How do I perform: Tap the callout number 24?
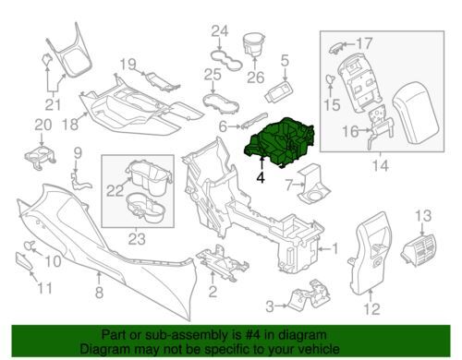pyautogui.click(x=220, y=31)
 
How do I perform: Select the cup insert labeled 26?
pyautogui.click(x=254, y=44)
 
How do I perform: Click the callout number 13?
pyautogui.click(x=423, y=216)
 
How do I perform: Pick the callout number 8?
pyautogui.click(x=99, y=292)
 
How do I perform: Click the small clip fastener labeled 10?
pyautogui.click(x=30, y=246)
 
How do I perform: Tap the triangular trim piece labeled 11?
pyautogui.click(x=24, y=261)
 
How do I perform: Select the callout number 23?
pyautogui.click(x=137, y=238)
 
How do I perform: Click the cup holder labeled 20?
pyautogui.click(x=40, y=156)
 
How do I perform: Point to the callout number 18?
pyautogui.click(x=71, y=125)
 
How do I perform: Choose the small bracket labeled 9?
pyautogui.click(x=79, y=180)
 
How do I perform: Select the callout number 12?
pyautogui.click(x=372, y=308)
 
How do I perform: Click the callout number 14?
pyautogui.click(x=381, y=166)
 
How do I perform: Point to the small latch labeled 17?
pyautogui.click(x=335, y=48)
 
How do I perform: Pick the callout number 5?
pyautogui.click(x=285, y=61)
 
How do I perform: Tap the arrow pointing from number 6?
pyautogui.click(x=234, y=126)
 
